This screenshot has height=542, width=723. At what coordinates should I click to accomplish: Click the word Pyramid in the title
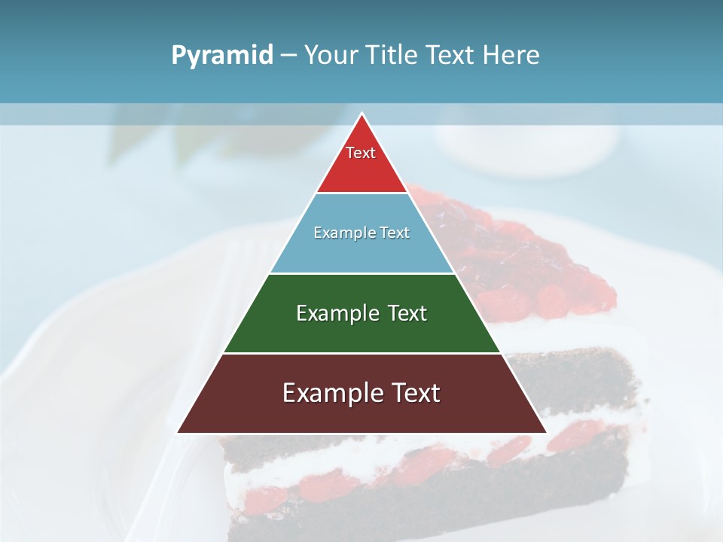(x=222, y=56)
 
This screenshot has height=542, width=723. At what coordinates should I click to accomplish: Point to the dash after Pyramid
(x=288, y=56)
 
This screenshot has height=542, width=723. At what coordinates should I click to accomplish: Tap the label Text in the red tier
(x=361, y=153)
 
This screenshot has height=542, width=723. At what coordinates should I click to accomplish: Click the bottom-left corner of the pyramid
(x=178, y=433)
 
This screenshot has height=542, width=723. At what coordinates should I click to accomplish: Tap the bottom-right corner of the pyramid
(x=545, y=433)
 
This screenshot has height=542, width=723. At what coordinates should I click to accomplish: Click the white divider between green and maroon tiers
(x=361, y=353)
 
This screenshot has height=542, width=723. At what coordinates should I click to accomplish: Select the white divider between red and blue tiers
(x=361, y=193)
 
